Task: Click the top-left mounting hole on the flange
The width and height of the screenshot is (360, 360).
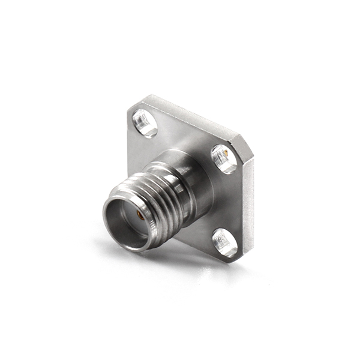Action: (x=145, y=122)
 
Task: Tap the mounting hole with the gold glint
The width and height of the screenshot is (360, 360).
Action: (x=224, y=158)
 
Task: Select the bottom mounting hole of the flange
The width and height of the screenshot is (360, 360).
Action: (x=225, y=242)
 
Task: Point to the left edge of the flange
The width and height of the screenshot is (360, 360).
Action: (x=129, y=144)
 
